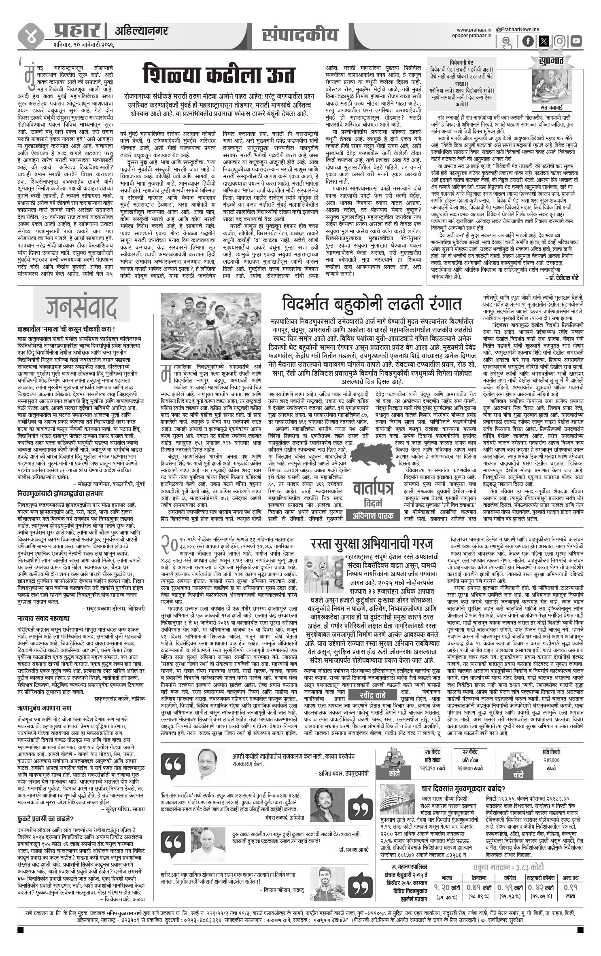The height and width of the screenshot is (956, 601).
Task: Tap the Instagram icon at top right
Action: [x=560, y=41]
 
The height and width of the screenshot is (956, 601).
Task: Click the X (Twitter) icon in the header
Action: [x=544, y=41]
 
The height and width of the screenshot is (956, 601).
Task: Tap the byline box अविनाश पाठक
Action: [x=372, y=518]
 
